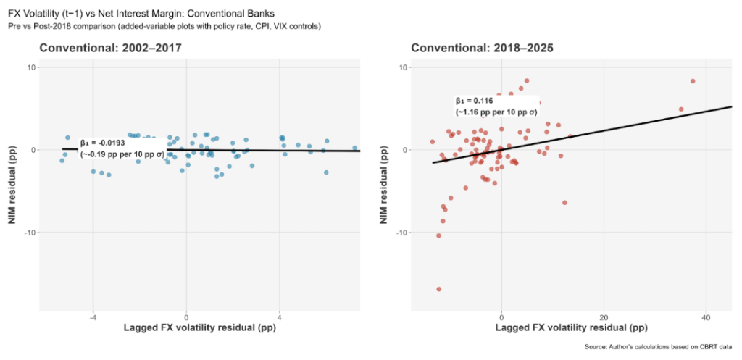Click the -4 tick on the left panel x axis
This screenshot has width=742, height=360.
point(93,317)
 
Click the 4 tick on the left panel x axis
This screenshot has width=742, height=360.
point(280,317)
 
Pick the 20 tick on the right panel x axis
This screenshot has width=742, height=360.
point(604,317)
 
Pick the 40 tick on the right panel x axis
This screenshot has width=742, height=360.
point(706,317)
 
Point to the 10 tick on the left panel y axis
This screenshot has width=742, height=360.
point(31,67)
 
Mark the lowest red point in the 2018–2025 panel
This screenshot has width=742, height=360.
point(439,289)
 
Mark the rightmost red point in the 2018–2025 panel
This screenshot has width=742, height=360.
point(693,81)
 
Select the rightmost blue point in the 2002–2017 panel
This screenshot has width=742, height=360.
point(355,148)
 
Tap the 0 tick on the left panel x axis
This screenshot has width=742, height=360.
point(186,317)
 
